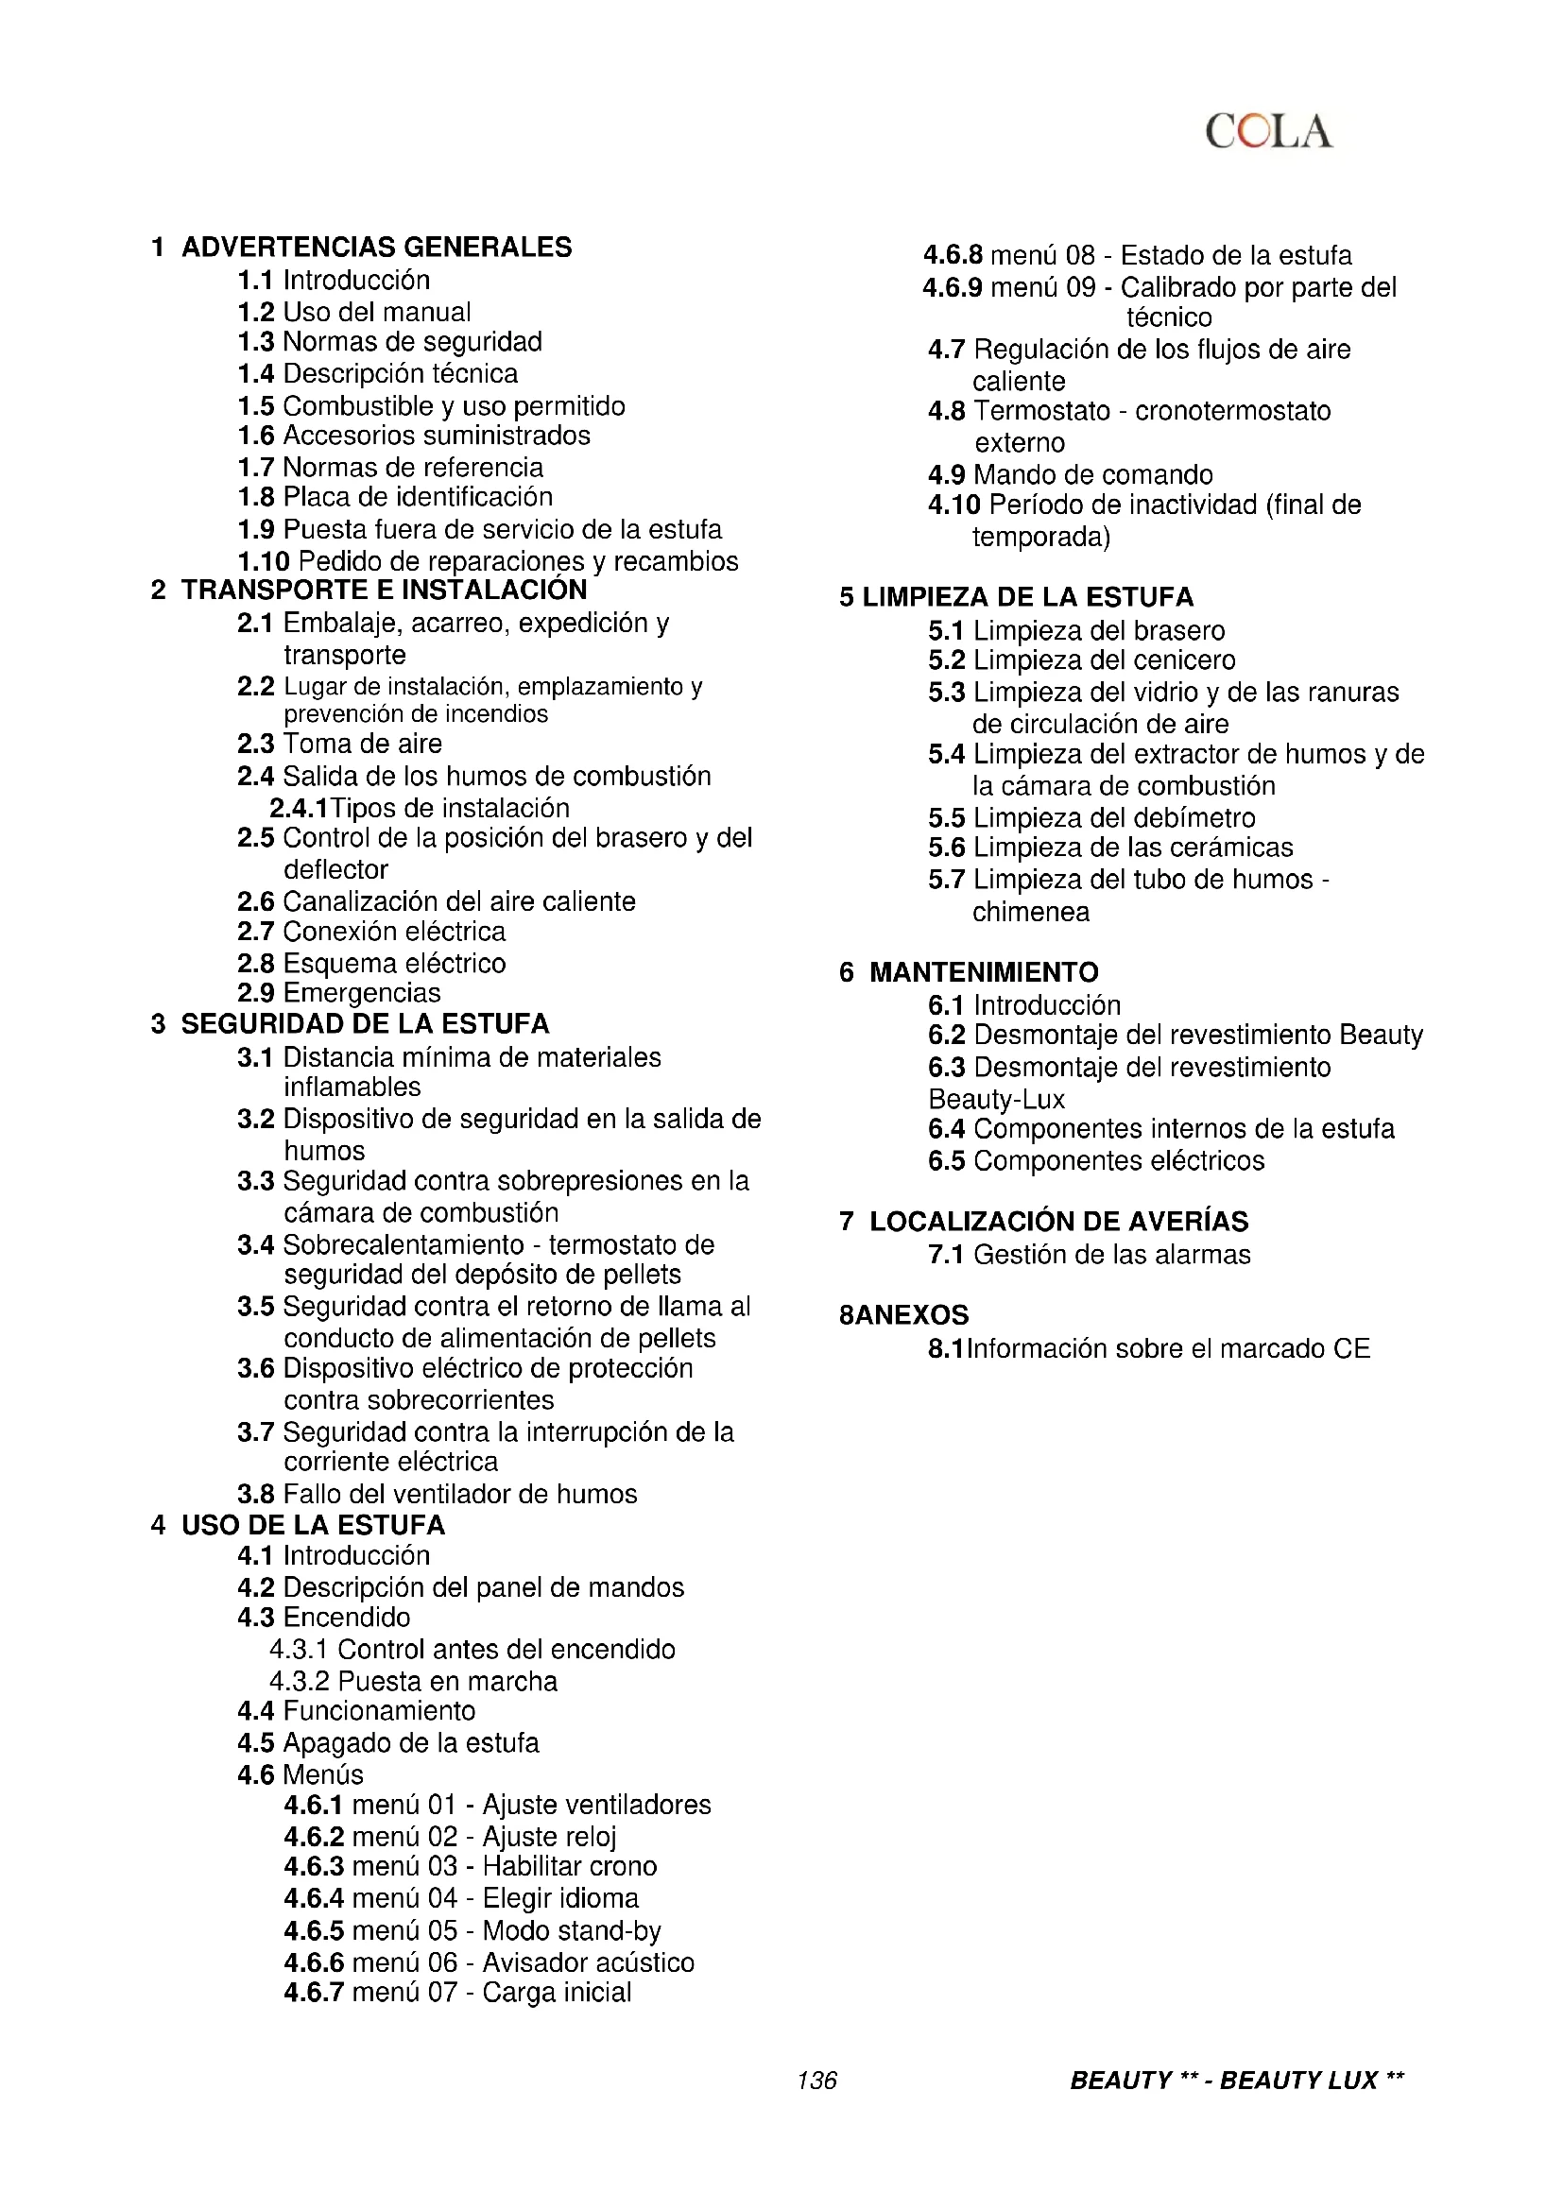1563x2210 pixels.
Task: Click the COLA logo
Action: [x=1268, y=132]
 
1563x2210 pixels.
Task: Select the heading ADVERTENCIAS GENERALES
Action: [x=376, y=248]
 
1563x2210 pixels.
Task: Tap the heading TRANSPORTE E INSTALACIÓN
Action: [x=384, y=590]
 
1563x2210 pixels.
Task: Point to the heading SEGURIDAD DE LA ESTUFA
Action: [x=365, y=1024]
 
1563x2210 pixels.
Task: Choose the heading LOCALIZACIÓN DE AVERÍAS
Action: [x=1058, y=1222]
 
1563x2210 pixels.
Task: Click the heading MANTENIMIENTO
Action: [x=984, y=972]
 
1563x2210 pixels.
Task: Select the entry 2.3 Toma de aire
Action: [x=340, y=744]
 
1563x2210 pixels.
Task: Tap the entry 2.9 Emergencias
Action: [x=339, y=993]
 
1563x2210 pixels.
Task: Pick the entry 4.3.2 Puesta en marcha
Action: [x=413, y=1682]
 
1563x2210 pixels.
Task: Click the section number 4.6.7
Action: [x=314, y=1993]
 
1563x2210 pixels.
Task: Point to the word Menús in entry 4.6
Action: [x=323, y=1775]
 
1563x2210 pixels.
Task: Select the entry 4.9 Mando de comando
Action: [x=1071, y=474]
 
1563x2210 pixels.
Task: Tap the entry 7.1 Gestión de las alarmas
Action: [x=1090, y=1255]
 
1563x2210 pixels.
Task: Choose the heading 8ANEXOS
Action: [x=903, y=1315]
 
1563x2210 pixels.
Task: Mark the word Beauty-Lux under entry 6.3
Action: [x=996, y=1099]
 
